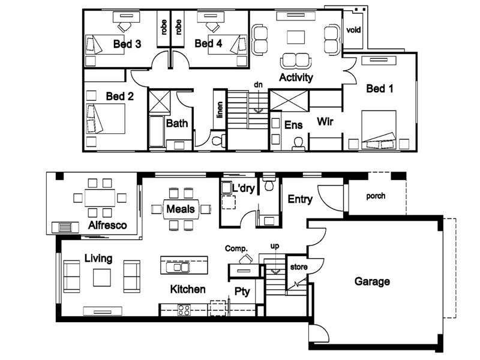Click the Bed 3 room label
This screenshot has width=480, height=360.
tap(127, 44)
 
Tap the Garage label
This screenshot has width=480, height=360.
tap(372, 281)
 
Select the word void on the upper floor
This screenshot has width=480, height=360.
tap(353, 30)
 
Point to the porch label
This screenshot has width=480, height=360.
tap(376, 196)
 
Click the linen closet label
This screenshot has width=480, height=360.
tap(220, 110)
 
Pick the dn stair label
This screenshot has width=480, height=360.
tap(258, 85)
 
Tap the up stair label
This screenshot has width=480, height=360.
tap(275, 246)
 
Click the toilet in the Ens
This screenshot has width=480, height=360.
tap(298, 144)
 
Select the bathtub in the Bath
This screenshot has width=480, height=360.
tap(157, 131)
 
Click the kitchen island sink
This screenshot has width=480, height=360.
tap(178, 267)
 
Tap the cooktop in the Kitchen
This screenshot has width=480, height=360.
tap(184, 310)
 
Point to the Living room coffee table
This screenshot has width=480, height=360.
tap(102, 278)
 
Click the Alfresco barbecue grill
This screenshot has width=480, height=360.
tap(65, 227)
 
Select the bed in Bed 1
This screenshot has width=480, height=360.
tap(379, 130)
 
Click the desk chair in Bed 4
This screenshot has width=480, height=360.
tap(213, 26)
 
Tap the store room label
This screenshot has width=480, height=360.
tap(299, 267)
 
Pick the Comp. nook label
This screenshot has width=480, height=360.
tap(236, 248)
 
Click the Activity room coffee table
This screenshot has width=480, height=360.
tap(296, 37)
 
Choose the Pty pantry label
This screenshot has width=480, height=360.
tap(242, 292)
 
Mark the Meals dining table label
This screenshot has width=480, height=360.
tap(181, 209)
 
